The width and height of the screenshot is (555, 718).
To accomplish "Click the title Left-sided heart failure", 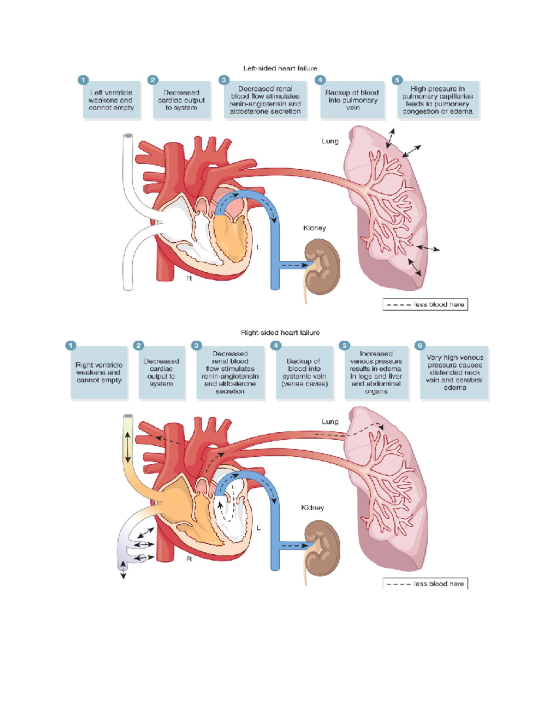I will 280,68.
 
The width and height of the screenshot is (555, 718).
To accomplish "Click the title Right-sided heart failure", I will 280,332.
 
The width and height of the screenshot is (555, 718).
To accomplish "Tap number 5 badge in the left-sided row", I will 397,80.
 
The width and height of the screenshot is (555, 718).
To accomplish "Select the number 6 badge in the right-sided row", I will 419,345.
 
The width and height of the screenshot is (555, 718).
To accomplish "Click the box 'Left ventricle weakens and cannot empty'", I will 111,100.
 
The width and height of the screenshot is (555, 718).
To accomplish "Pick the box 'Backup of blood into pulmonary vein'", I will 352,100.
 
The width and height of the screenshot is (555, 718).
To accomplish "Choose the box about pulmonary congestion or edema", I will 438,100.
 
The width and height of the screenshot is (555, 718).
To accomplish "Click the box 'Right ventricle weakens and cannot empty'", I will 99,373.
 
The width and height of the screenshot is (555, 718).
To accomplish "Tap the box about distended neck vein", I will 454,373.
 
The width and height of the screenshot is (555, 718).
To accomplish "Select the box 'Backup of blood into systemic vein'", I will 304,373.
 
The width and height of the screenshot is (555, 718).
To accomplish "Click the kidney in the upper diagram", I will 322,266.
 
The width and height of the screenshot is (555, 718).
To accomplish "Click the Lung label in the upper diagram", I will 330,141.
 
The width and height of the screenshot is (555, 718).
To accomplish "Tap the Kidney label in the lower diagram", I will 312,508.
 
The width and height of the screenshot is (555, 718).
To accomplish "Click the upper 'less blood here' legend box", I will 425,305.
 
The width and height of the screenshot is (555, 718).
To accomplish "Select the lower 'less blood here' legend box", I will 425,584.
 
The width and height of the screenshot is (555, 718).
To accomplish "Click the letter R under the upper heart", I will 189,279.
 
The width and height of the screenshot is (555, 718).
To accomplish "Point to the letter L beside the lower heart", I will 259,528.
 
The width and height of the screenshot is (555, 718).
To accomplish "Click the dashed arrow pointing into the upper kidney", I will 294,265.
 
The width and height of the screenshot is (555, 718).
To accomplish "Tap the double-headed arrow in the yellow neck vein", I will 128,448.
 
